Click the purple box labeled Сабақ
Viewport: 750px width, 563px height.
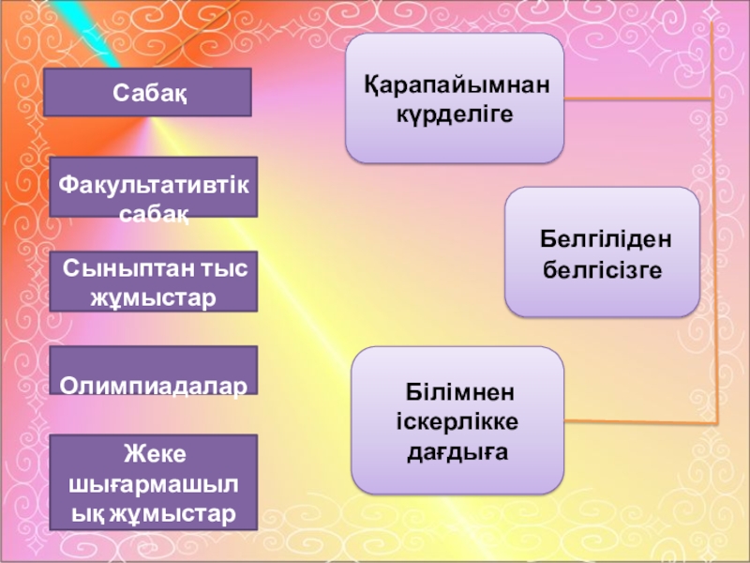tap(151, 92)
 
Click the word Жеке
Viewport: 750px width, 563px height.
tap(154, 454)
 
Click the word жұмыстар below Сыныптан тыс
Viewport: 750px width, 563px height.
tap(153, 297)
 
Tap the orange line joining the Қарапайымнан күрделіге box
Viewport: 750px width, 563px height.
tap(637, 98)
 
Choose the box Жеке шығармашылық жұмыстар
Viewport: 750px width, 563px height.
tap(154, 483)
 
